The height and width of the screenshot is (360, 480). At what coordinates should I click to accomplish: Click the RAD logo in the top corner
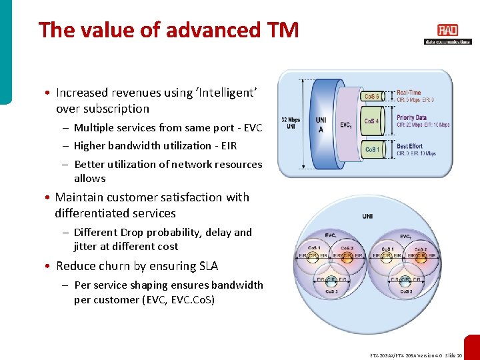[447, 31]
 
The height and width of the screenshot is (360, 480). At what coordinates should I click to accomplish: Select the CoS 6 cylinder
[372, 97]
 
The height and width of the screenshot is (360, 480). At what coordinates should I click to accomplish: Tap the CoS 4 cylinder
[372, 121]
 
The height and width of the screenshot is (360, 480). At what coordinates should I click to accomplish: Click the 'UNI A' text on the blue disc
[321, 125]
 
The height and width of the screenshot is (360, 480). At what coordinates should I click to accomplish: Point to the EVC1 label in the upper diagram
[347, 125]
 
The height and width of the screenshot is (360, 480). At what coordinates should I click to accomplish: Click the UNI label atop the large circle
[368, 216]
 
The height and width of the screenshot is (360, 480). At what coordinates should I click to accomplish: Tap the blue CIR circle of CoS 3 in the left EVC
[331, 280]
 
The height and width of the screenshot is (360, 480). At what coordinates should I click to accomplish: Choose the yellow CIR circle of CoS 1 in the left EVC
[313, 255]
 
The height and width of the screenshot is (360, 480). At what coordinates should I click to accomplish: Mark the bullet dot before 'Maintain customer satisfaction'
[49, 198]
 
